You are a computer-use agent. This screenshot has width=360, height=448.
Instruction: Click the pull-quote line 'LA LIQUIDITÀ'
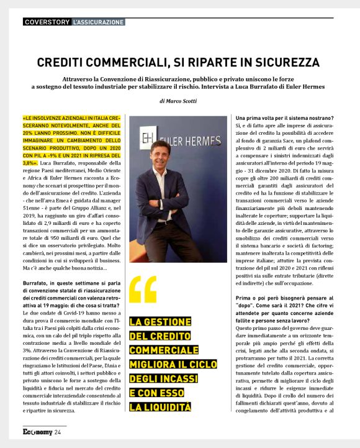point(160,407)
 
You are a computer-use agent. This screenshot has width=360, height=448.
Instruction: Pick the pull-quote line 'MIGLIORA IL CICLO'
point(163,364)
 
